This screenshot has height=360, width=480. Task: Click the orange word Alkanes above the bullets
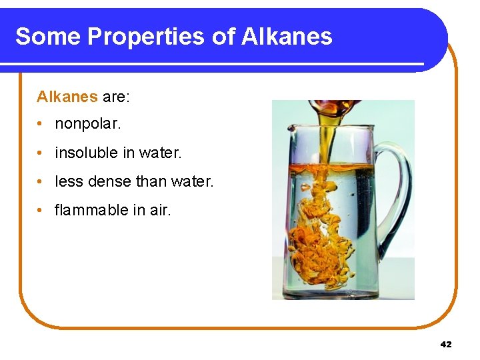click(67, 97)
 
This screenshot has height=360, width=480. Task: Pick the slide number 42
click(446, 345)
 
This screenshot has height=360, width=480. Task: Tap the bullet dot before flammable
click(41, 211)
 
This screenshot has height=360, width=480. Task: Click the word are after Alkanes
click(116, 97)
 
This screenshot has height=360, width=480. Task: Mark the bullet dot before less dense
click(41, 182)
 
